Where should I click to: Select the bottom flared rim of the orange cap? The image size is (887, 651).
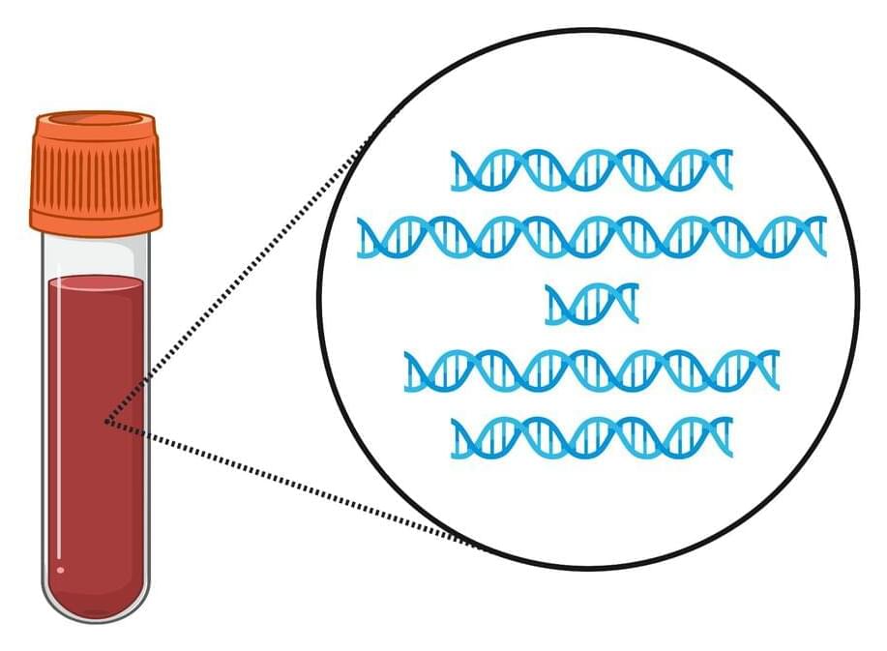tap(95, 221)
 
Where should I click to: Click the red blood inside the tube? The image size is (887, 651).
tap(95, 435)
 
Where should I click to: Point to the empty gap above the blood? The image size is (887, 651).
tap(95, 257)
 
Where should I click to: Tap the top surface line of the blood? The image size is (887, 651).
tap(95, 280)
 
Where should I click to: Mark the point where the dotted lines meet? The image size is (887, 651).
tap(106, 422)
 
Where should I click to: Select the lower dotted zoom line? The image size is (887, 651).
tap(290, 484)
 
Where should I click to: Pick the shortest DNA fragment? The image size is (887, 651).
tap(591, 304)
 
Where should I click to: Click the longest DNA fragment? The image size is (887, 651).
tap(591, 237)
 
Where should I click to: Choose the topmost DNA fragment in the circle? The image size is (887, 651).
tap(591, 170)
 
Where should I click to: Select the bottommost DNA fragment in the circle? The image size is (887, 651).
tap(591, 437)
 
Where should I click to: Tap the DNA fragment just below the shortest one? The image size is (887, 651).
tap(591, 370)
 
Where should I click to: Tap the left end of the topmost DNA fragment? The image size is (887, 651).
tap(456, 170)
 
